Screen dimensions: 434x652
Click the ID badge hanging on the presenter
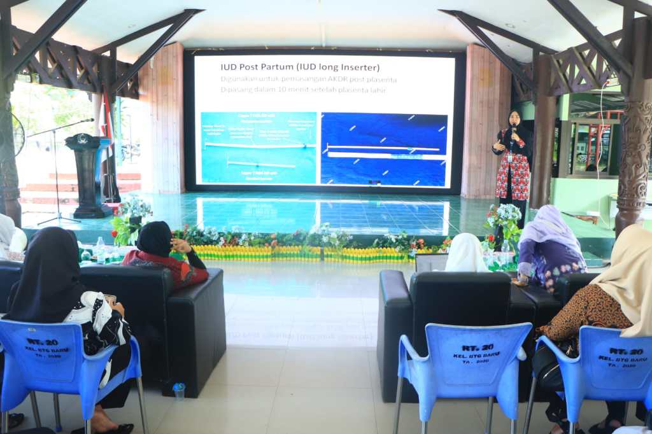coord(509,157)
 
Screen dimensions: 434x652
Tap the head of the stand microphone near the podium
coord(90,120)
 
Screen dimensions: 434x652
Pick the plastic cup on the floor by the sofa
coord(179,390)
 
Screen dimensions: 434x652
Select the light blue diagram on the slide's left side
coord(259,148)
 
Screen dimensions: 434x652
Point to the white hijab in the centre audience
coord(466,253)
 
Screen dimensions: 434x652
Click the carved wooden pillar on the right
coord(633,153)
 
